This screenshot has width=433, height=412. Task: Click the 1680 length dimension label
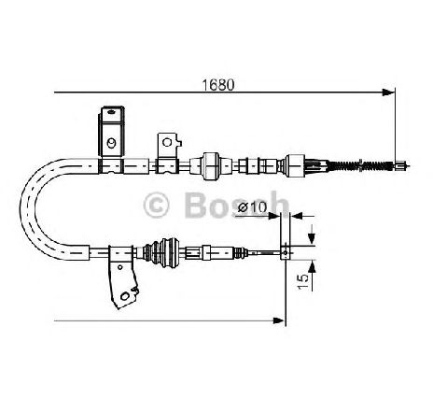[218, 85]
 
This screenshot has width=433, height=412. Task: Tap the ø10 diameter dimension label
[252, 207]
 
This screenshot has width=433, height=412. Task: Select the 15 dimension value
[303, 281]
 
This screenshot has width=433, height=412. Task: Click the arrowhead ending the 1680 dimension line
[388, 92]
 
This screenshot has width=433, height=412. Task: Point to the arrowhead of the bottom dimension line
[278, 320]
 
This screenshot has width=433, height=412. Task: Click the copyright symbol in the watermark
[156, 206]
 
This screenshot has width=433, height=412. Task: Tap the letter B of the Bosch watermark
[195, 206]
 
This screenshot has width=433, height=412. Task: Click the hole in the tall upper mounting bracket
[111, 143]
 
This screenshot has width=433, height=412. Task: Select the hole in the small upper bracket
[167, 142]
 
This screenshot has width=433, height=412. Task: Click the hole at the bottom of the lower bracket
[125, 296]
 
